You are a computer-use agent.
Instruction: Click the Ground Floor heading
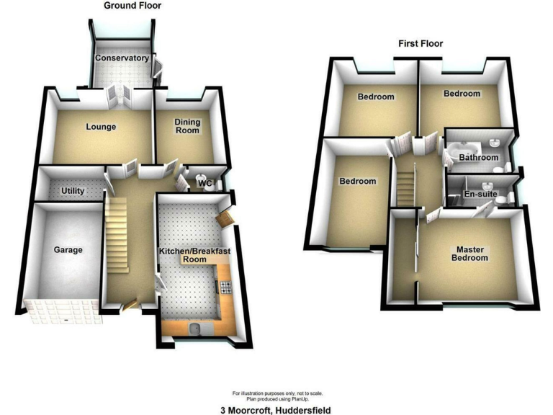[x=132, y=6]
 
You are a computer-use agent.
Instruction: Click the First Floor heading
[x=421, y=44]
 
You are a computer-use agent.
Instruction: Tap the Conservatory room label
[x=122, y=58]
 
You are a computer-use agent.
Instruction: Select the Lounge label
[x=101, y=128]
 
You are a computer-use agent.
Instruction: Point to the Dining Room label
[x=187, y=127]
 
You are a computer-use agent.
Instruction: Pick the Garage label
[x=68, y=251]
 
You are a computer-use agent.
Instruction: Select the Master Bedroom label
[x=469, y=253]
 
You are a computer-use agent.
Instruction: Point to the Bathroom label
[x=479, y=157]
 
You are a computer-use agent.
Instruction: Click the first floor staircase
[x=407, y=185]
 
